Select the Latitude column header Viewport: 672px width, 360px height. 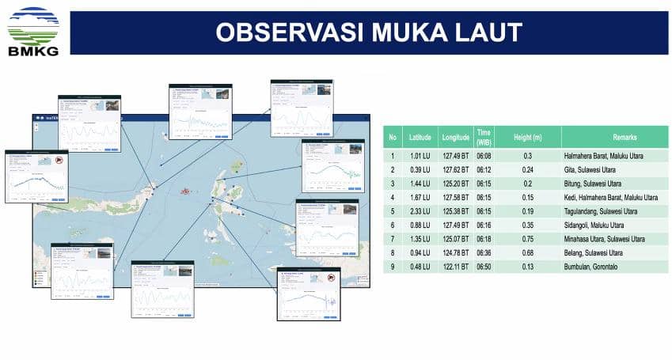click(x=420, y=137)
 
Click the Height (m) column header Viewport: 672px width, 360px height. click(x=527, y=137)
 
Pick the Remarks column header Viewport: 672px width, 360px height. click(x=613, y=137)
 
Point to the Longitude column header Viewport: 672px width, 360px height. click(x=455, y=137)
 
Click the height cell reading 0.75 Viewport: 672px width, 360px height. click(x=527, y=239)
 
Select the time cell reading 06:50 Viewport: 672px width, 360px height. click(x=484, y=266)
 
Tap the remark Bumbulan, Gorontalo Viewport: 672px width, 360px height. click(x=600, y=266)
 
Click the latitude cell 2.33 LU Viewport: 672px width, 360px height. click(x=420, y=211)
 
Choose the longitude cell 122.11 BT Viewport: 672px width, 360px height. click(x=455, y=266)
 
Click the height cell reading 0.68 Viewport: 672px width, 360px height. click(x=527, y=252)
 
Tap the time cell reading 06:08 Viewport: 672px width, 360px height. click(x=484, y=157)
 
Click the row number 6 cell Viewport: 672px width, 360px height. click(x=392, y=225)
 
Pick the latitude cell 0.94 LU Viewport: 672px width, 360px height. click(x=420, y=252)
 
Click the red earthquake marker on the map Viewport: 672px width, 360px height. click(x=186, y=191)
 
